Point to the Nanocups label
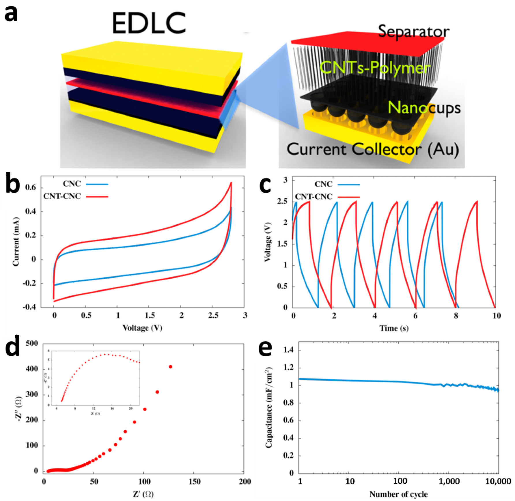tap(424, 108)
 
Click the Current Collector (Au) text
tap(373, 150)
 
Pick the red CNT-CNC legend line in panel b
tap(97, 197)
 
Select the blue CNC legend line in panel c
tap(349, 185)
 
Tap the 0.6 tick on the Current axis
tap(30, 188)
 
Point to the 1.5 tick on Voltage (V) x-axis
tap(150, 315)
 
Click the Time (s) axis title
tap(394, 328)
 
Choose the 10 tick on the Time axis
tap(497, 316)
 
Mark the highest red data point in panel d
tap(170, 367)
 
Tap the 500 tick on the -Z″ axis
tap(32, 343)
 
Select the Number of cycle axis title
tap(398, 494)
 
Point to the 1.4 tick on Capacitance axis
tap(288, 350)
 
